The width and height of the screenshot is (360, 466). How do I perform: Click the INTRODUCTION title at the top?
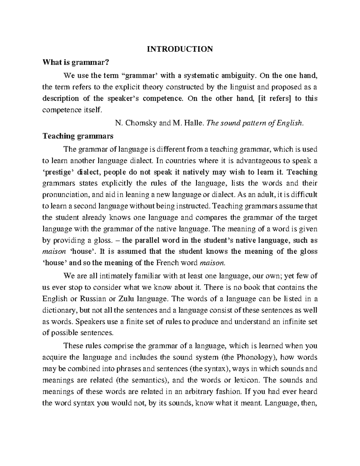click(180, 49)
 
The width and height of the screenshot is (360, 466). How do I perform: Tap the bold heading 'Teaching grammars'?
click(78, 136)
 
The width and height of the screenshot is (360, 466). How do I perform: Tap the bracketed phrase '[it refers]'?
click(274, 98)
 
